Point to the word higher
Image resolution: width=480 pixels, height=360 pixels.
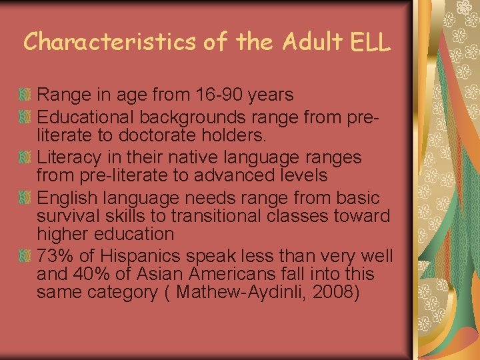62,235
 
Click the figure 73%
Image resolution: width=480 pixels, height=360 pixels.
55,256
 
